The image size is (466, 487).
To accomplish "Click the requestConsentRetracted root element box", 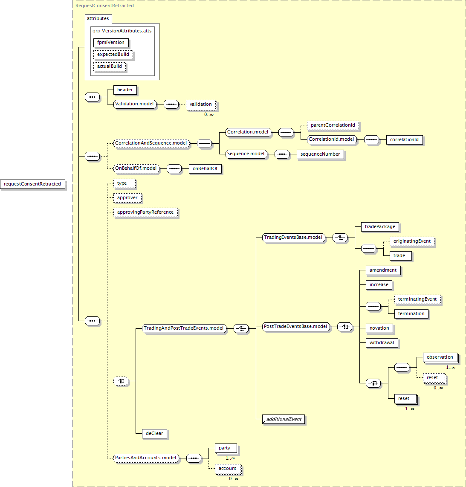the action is [x=32, y=184].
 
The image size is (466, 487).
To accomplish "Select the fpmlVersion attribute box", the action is [x=111, y=43].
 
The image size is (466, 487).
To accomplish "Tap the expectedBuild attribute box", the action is [x=113, y=54].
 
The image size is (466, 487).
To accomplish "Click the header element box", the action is [x=125, y=90].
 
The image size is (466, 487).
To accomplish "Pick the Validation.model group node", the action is [x=134, y=104].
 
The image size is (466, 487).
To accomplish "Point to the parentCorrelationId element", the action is [x=333, y=125].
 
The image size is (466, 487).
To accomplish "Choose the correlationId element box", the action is [x=404, y=140].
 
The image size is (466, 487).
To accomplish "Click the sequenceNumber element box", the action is [x=320, y=154].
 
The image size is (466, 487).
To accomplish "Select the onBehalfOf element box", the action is [x=205, y=168].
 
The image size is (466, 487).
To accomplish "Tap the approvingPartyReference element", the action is [x=145, y=212].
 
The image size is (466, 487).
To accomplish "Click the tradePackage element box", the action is [x=380, y=227].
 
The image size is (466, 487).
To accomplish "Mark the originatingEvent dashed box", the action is [x=412, y=241].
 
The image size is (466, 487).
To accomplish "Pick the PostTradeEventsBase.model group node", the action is [x=295, y=326].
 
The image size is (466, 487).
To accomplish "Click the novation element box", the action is [x=379, y=328].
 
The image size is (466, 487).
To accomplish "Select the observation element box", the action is [x=440, y=357].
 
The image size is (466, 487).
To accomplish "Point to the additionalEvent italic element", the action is [x=284, y=419].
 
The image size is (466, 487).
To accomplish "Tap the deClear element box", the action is [x=154, y=434].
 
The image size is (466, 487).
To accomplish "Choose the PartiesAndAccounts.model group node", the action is [x=146, y=458].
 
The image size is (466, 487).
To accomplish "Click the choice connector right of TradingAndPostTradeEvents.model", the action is [x=241, y=328].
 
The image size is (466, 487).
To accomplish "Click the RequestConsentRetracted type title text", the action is [x=104, y=6].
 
